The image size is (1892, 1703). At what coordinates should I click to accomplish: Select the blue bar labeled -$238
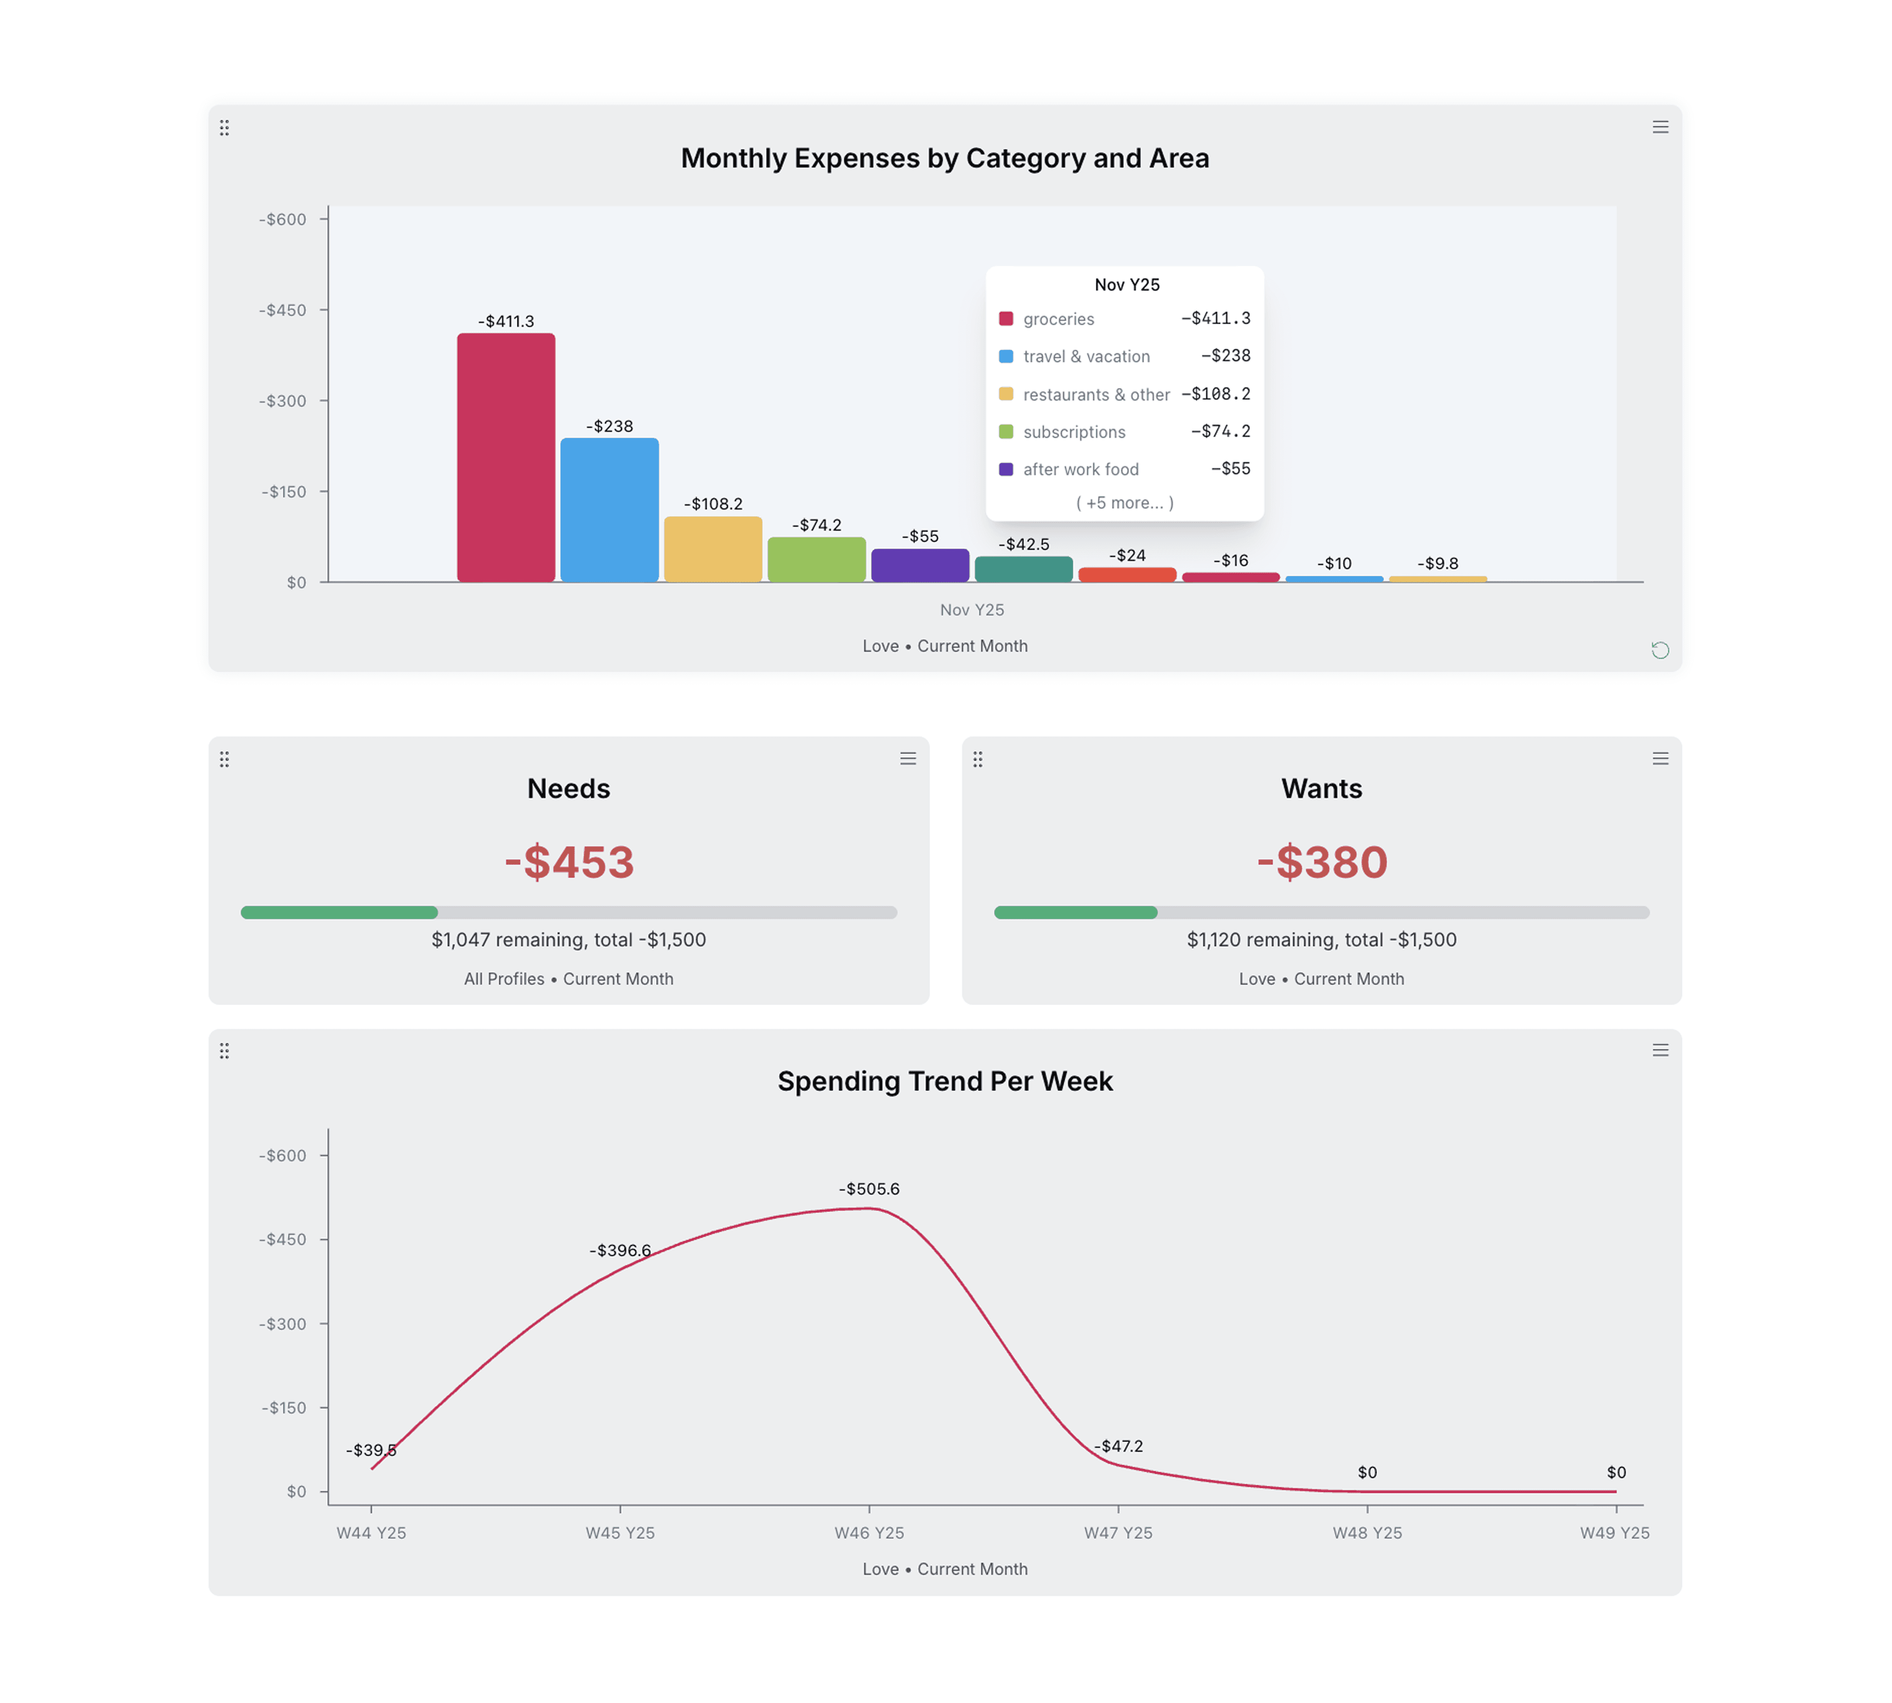tap(609, 510)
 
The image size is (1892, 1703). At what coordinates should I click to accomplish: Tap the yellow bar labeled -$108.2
tap(713, 549)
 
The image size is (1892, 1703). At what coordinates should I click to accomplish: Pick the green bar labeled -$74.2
tap(816, 560)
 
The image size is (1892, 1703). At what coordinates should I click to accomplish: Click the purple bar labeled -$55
tap(920, 565)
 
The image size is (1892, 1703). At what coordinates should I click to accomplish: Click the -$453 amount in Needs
tap(569, 862)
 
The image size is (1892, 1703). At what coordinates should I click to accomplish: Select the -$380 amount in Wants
tap(1321, 862)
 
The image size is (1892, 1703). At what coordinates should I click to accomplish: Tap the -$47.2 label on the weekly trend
tap(1119, 1446)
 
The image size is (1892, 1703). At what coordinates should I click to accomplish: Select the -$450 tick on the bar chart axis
tap(282, 310)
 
